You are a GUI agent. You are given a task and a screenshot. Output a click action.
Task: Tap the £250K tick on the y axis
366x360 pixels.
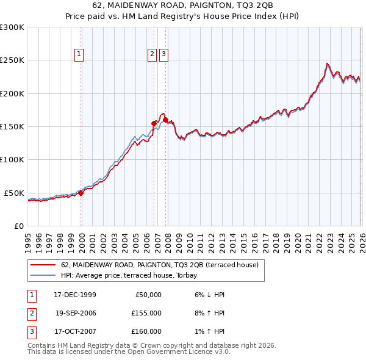[x=12, y=60]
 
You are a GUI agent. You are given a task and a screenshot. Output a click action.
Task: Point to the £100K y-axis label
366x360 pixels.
[x=12, y=159]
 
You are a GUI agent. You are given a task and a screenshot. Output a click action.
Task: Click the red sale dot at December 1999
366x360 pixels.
[x=81, y=193]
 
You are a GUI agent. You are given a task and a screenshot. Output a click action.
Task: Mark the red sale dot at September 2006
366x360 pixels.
[x=154, y=123]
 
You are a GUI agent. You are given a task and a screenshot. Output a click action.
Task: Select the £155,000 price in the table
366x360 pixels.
[x=146, y=313]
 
